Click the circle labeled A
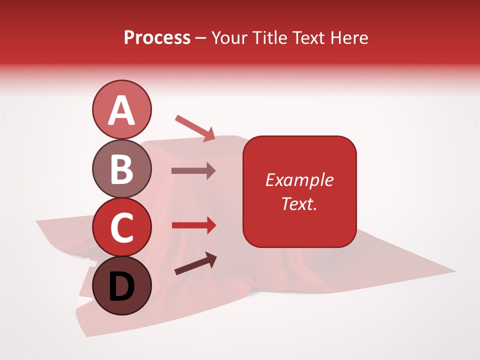coord(121,109)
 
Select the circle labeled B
coord(121,168)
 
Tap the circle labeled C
coord(121,227)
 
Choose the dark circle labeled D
coord(121,285)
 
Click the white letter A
coord(121,110)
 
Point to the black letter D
coord(121,287)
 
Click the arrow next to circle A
coord(195,128)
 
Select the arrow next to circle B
coord(193,170)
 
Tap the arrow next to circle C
coord(194,225)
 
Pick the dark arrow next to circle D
coord(195,264)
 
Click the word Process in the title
coord(157,38)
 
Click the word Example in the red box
coord(299,180)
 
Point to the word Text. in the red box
coord(299,203)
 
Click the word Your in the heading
coord(229,38)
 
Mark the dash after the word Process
coord(201,38)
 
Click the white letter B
coord(121,169)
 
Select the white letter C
coord(121,228)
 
